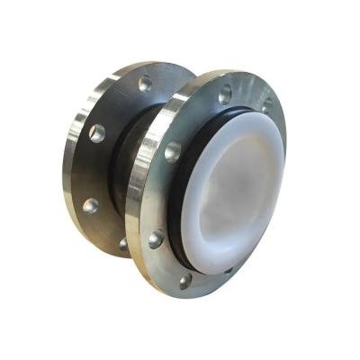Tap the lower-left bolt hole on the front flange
point(156,238)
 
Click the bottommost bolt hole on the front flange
point(185,281)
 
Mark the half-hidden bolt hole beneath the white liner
point(228,268)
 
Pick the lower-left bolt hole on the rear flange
point(90,205)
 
